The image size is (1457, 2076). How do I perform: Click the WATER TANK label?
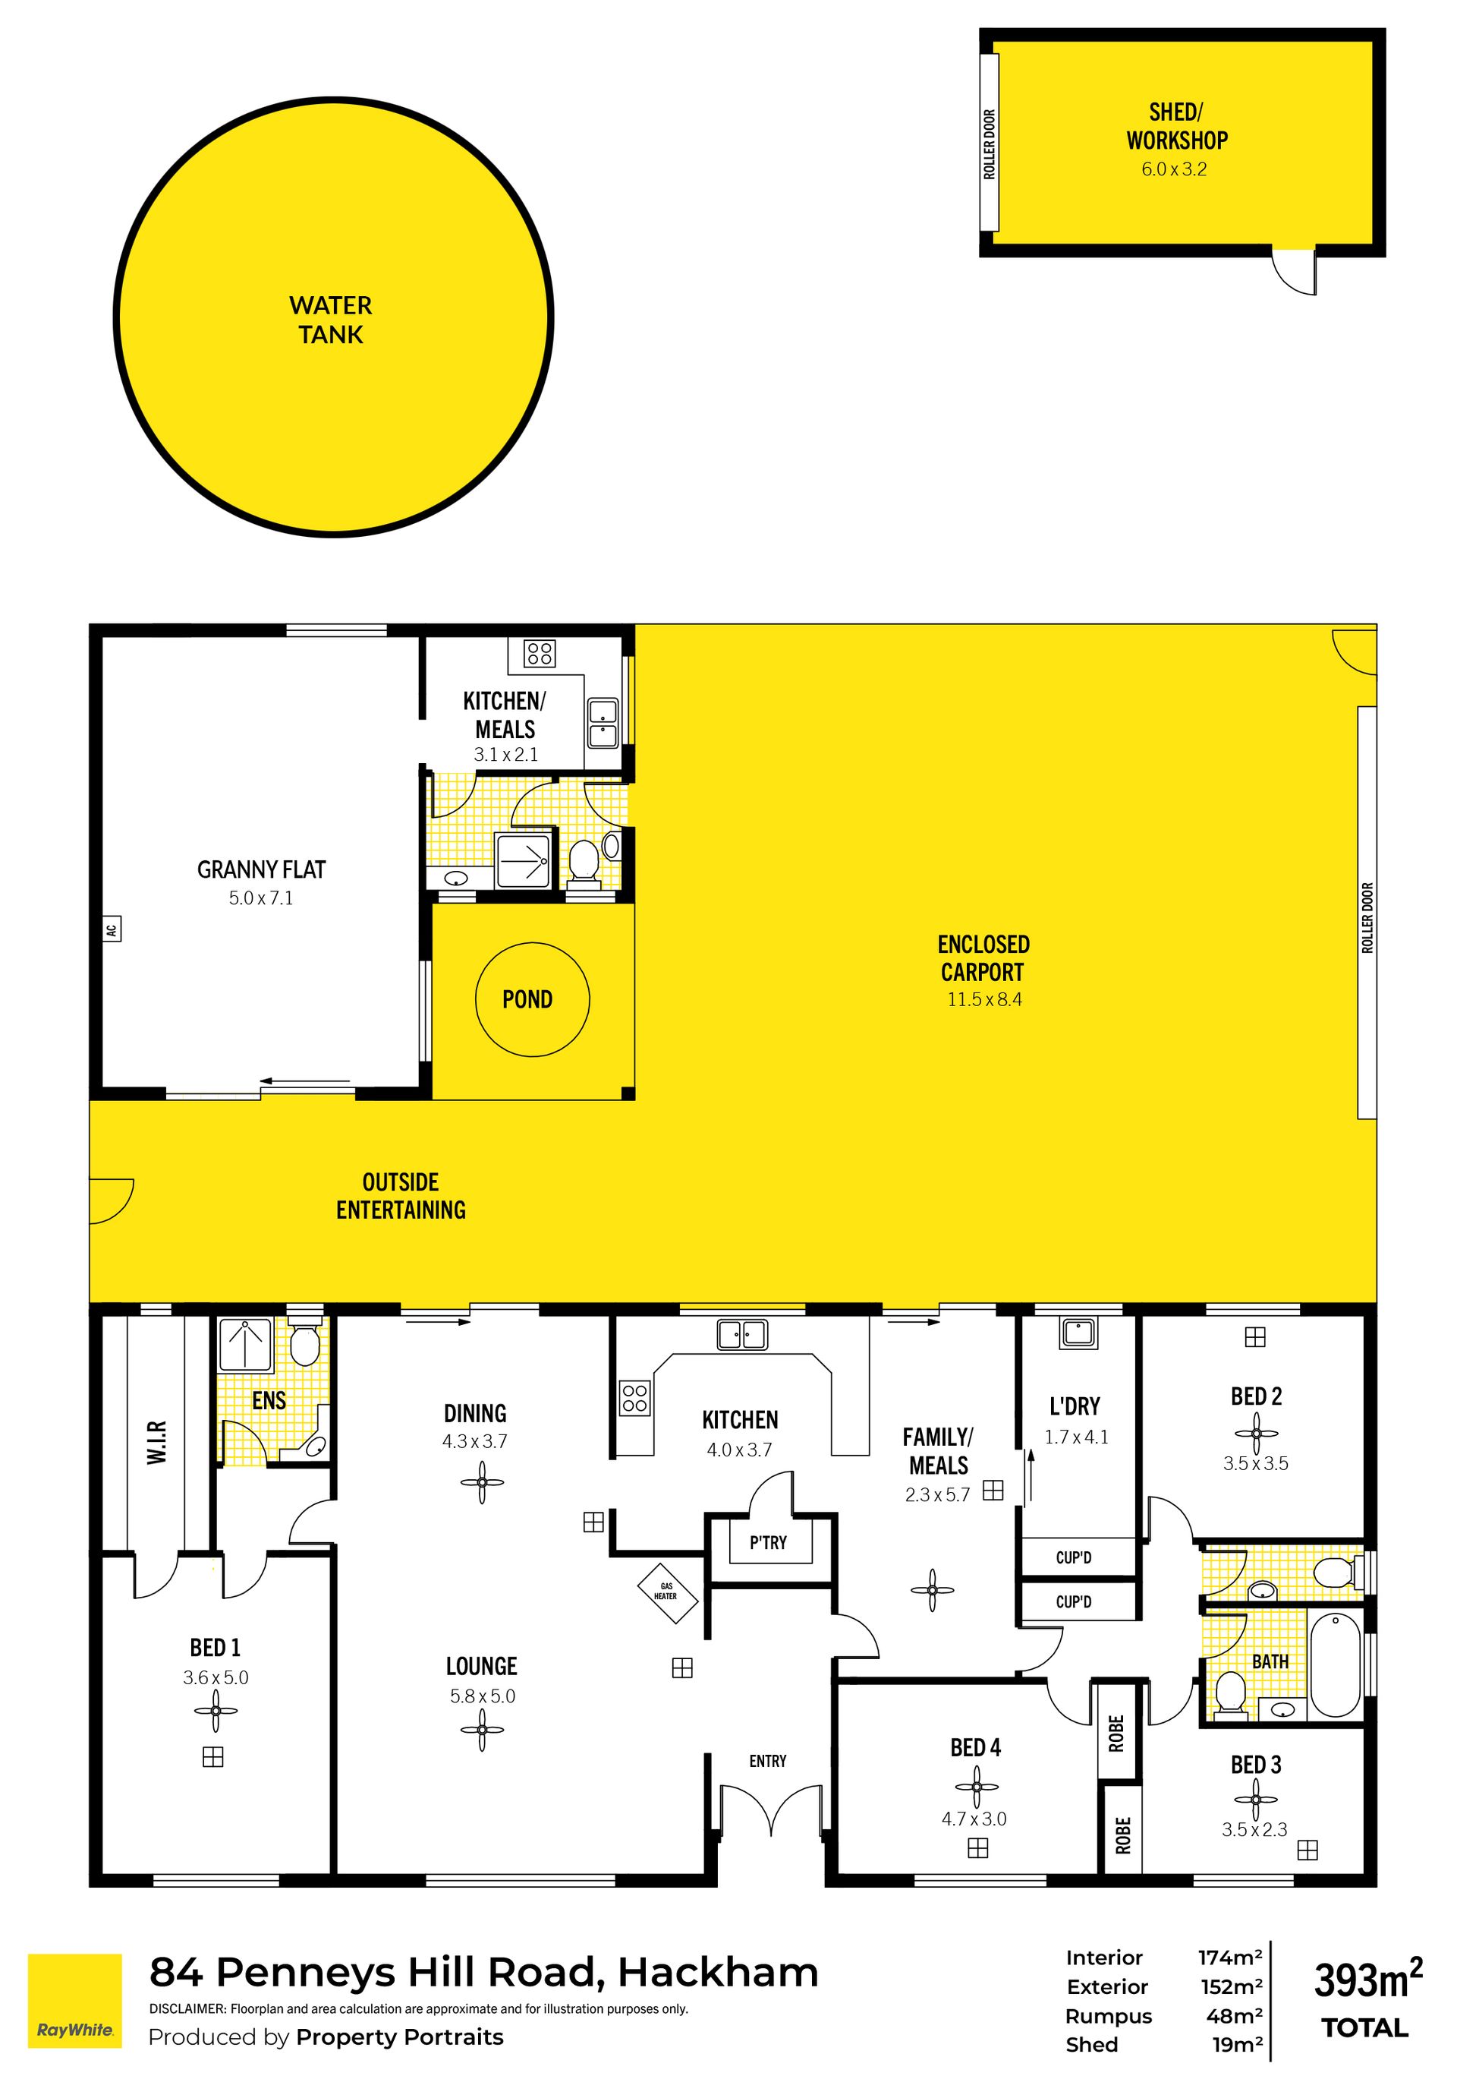(331, 320)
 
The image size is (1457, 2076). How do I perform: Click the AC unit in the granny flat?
(112, 929)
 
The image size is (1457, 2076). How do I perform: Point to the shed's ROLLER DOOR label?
(989, 145)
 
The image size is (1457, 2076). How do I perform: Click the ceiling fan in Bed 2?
(1255, 1433)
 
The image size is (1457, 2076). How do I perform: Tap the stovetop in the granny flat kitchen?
(540, 653)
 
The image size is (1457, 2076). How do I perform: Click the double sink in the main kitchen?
(741, 1335)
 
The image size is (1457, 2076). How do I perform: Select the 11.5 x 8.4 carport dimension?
(984, 999)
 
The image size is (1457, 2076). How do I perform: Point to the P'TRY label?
(767, 1542)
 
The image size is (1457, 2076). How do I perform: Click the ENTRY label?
(767, 1760)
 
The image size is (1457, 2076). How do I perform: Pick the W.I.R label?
(156, 1442)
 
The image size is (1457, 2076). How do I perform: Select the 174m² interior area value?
(1230, 1958)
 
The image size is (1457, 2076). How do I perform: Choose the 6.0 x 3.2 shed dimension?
(1174, 169)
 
